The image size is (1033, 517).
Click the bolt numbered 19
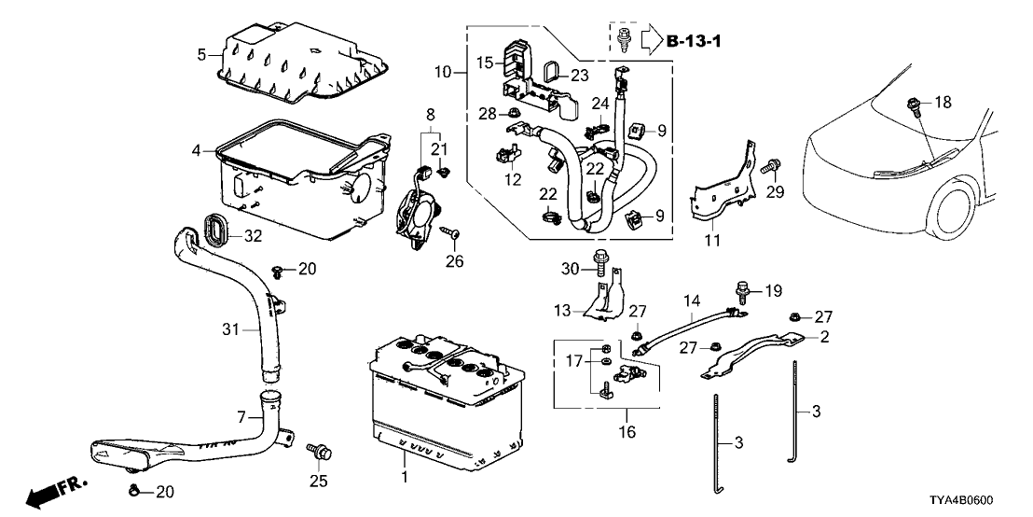pyautogui.click(x=742, y=291)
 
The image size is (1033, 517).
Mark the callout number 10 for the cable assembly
pyautogui.click(x=443, y=72)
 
